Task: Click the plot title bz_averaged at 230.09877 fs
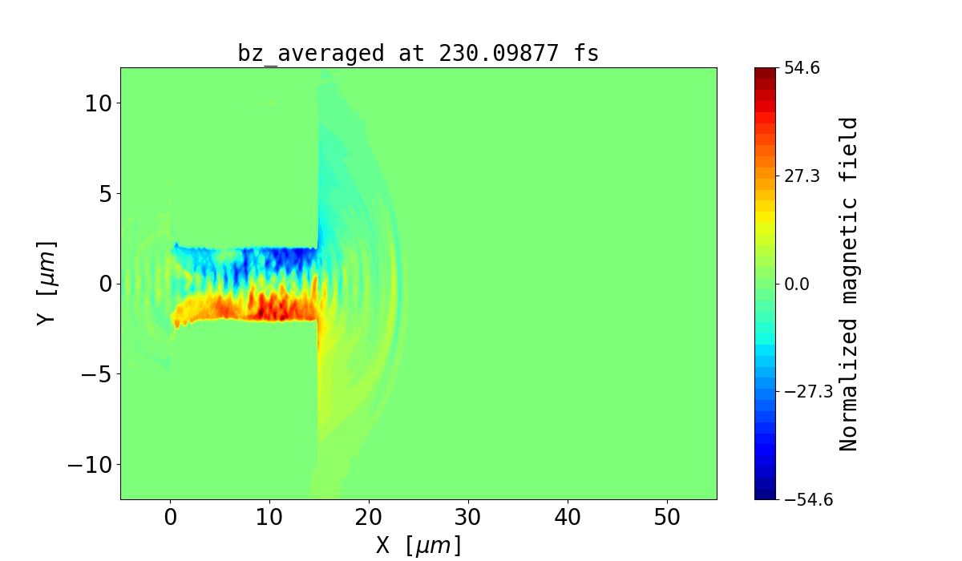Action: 418,53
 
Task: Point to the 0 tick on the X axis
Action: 170,518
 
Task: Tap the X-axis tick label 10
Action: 269,518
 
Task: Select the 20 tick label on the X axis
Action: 369,518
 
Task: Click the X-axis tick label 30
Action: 468,518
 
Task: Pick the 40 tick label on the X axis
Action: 568,518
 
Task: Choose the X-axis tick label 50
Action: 667,518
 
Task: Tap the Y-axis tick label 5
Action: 106,193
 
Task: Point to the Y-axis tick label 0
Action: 106,284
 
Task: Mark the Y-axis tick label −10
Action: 87,465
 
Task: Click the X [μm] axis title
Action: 418,546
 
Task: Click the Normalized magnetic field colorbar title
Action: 850,284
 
